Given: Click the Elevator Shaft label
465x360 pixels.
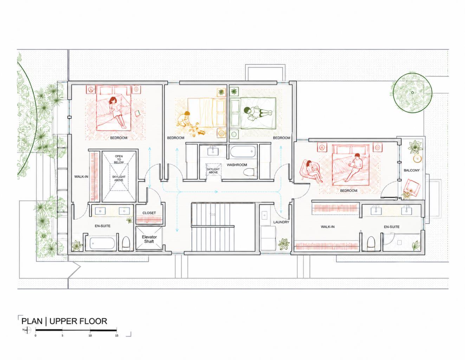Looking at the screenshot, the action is [149, 239].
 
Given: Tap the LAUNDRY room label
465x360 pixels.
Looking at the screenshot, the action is [281, 222].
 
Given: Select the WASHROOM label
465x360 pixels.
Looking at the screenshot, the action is [237, 165].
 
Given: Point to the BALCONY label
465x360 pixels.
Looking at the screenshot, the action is [412, 171].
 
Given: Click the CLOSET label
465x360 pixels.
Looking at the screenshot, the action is [149, 213].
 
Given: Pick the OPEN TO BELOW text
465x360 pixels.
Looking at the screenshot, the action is [119, 159].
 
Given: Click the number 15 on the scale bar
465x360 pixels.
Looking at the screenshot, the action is [117, 335].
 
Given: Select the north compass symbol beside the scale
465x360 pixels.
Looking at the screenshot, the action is [27, 330].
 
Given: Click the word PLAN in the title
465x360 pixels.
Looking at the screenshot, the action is [32, 321].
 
